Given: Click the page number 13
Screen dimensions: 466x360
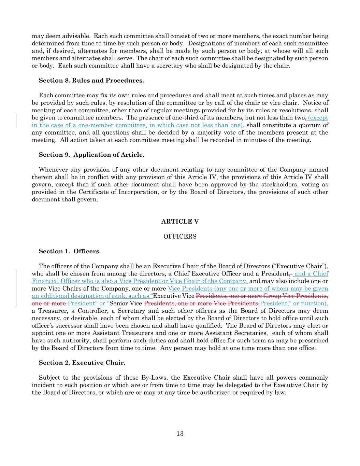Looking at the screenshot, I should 180,434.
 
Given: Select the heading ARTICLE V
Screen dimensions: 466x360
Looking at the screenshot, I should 180,222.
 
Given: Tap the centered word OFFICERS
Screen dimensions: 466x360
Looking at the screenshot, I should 180,237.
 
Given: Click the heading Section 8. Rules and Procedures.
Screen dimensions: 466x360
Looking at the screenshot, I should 91,81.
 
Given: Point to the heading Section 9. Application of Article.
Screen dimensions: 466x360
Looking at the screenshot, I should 91,155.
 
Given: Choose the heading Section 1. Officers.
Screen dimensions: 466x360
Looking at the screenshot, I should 70,251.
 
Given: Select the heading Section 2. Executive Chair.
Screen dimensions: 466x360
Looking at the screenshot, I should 82,363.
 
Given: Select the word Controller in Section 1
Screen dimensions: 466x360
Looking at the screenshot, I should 95,311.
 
